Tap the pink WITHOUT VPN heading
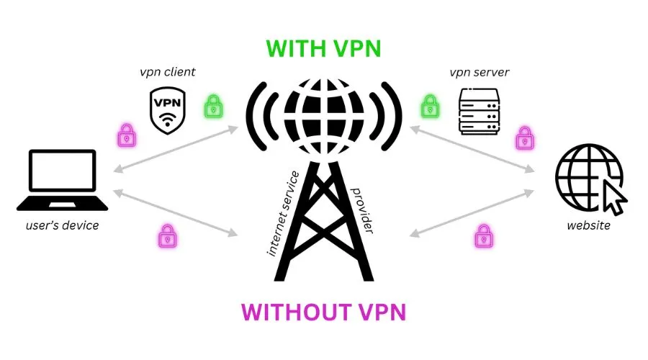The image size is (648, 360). click(323, 312)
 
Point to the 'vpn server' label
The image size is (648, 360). click(479, 73)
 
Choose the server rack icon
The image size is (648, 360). click(479, 112)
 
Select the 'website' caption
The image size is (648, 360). click(588, 225)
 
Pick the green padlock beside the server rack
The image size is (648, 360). click(430, 107)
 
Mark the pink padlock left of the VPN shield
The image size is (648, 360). click(127, 134)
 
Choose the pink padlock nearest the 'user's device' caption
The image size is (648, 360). click(168, 235)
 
